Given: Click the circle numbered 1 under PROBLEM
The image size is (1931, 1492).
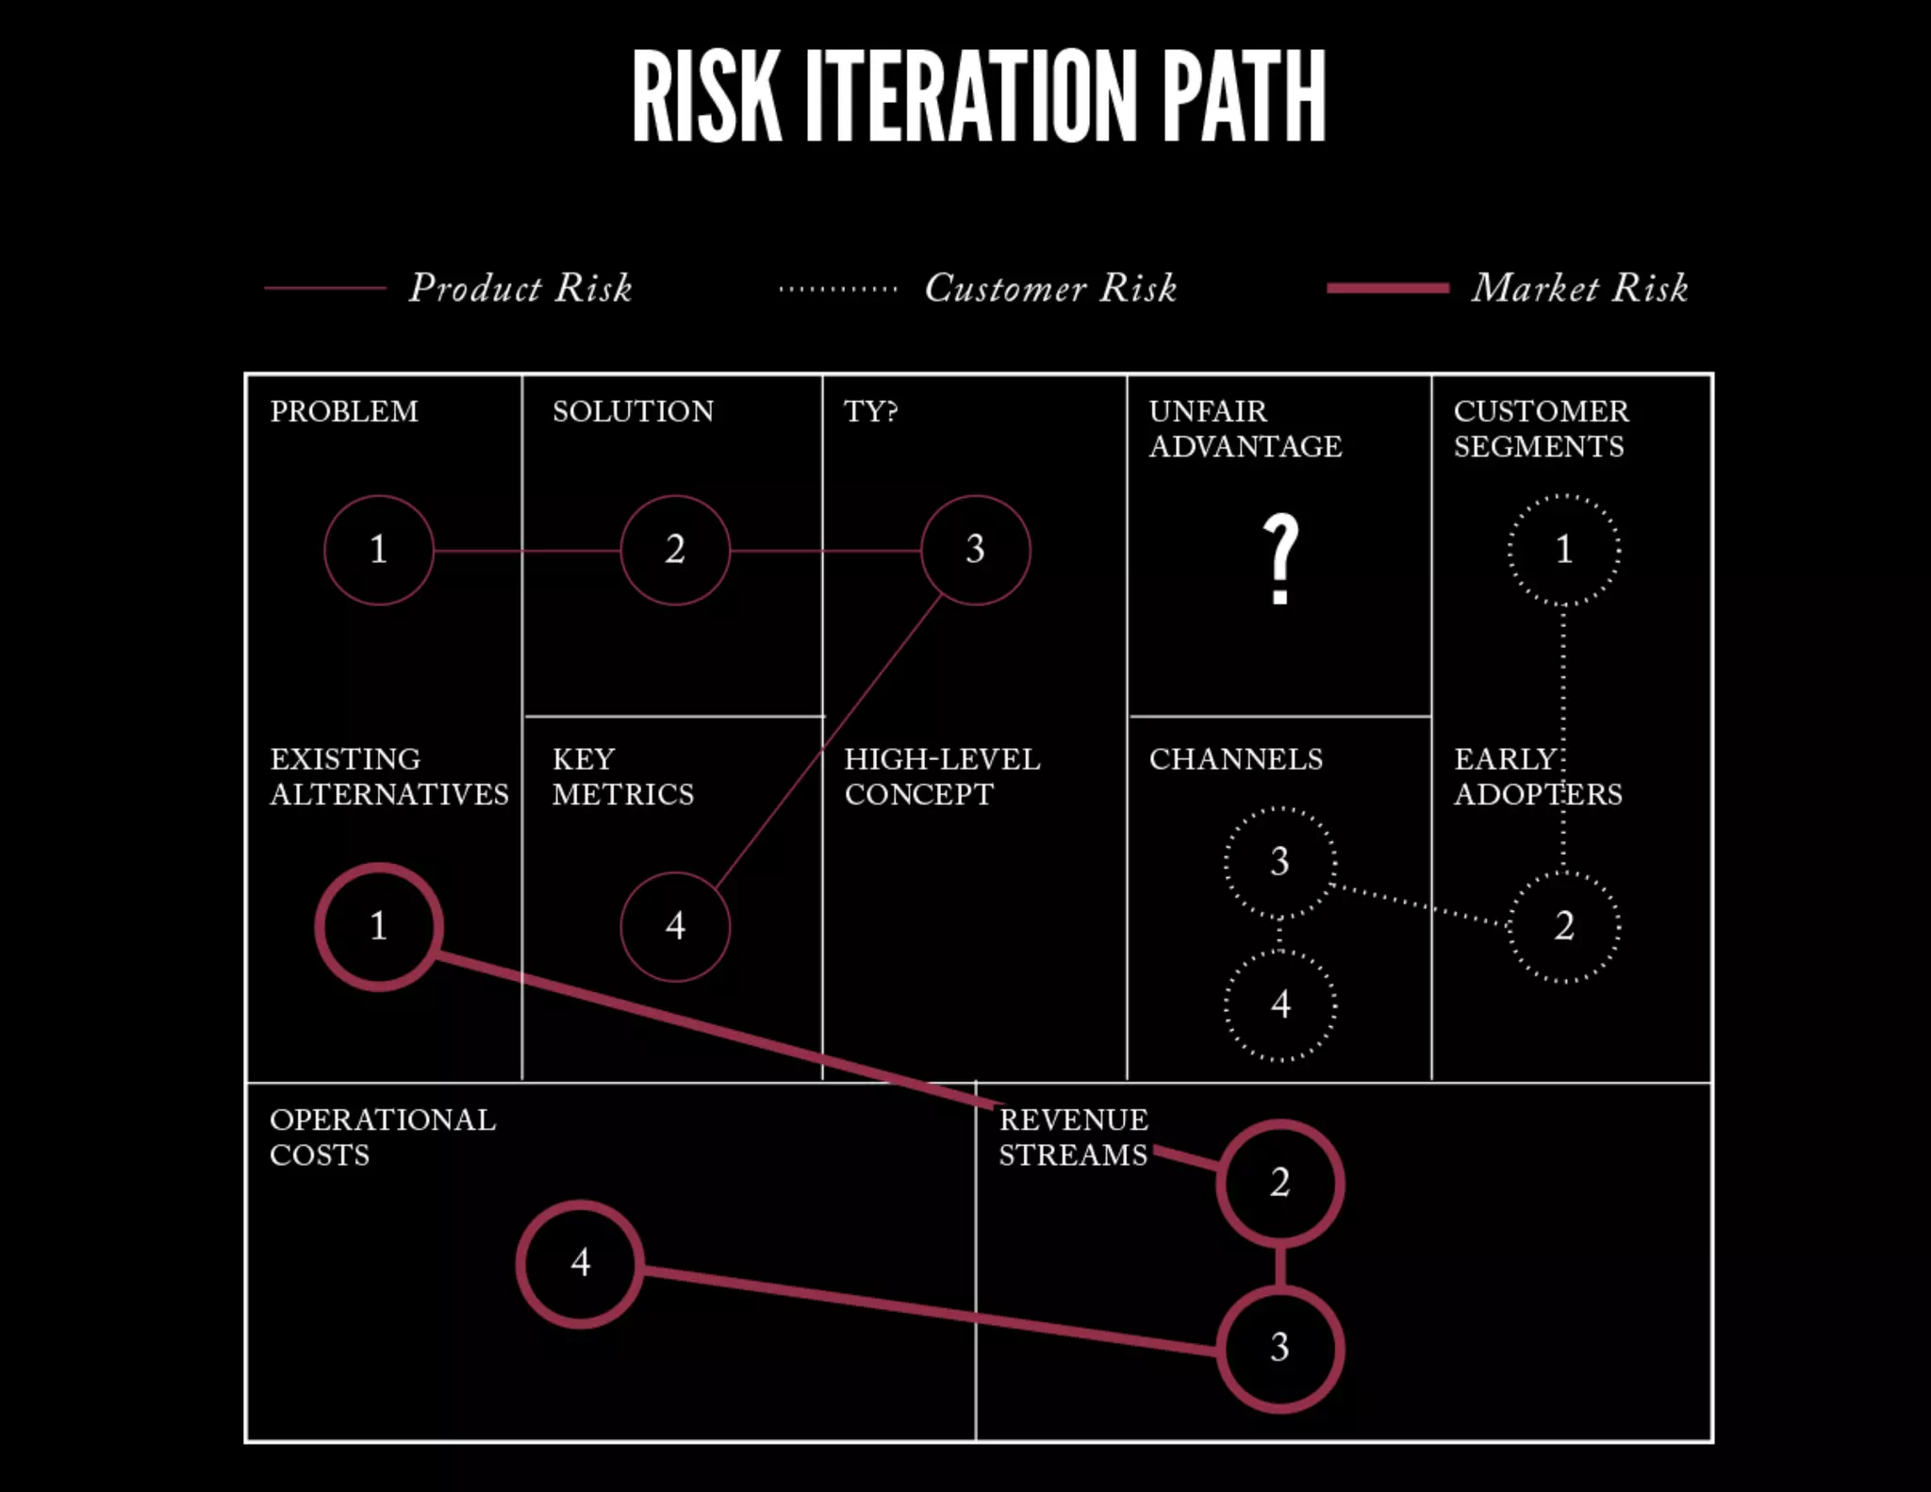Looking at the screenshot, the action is point(379,550).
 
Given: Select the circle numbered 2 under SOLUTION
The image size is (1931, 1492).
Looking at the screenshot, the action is point(675,550).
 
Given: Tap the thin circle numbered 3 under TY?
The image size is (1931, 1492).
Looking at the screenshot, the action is point(976,550).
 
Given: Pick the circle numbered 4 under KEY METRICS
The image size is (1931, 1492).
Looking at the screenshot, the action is point(675,926).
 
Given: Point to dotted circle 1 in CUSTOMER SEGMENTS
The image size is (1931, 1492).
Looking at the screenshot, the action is point(1564,550).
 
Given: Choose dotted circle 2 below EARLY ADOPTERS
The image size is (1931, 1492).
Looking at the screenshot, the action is point(1564,926).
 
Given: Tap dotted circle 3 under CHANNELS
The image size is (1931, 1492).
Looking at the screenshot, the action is point(1279,862).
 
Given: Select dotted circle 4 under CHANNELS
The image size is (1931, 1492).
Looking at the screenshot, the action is point(1279,1005).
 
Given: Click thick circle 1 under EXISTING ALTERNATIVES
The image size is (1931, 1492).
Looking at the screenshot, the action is point(379,926).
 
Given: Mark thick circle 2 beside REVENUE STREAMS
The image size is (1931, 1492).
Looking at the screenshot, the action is point(1279,1183).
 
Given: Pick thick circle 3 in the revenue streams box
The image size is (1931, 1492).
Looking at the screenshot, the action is point(1279,1348).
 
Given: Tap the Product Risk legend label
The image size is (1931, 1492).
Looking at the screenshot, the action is point(520,289).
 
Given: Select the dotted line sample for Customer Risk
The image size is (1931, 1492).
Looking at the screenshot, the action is point(838,290).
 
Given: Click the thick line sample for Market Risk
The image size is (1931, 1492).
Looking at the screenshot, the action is point(1387,289).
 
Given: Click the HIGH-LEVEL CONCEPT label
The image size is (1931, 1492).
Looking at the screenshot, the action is point(942,777).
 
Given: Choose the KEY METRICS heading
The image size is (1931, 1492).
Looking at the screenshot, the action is point(622,777).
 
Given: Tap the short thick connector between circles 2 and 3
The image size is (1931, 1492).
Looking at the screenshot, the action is point(1279,1266).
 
